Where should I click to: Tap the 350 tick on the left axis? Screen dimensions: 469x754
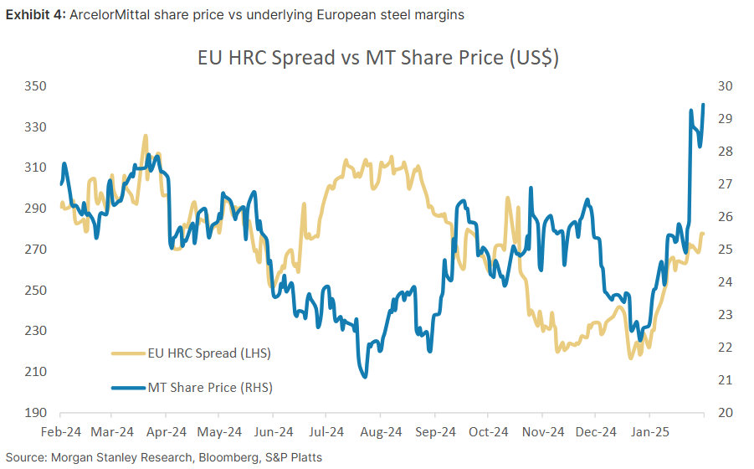coord(34,86)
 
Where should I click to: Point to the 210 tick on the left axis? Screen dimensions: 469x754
coord(34,372)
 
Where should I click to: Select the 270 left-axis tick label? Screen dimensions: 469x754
coord(34,250)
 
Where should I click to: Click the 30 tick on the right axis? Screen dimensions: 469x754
coord(725,86)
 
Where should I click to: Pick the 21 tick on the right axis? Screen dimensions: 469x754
coord(725,380)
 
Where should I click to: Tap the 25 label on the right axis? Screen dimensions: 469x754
coord(725,250)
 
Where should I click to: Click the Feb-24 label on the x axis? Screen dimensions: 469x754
coord(60,432)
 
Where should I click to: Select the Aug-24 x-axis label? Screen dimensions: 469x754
coord(381,432)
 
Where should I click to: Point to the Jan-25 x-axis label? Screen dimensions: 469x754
coord(649,432)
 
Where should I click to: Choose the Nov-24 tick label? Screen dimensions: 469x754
coord(542,432)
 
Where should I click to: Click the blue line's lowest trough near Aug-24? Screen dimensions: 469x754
coord(365,377)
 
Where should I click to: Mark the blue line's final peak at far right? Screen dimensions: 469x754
coord(703,105)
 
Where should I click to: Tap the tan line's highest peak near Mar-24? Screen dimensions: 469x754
coord(145,136)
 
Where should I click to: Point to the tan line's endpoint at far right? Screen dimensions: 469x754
coord(703,234)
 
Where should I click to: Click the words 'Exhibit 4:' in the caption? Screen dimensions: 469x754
coord(32,14)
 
